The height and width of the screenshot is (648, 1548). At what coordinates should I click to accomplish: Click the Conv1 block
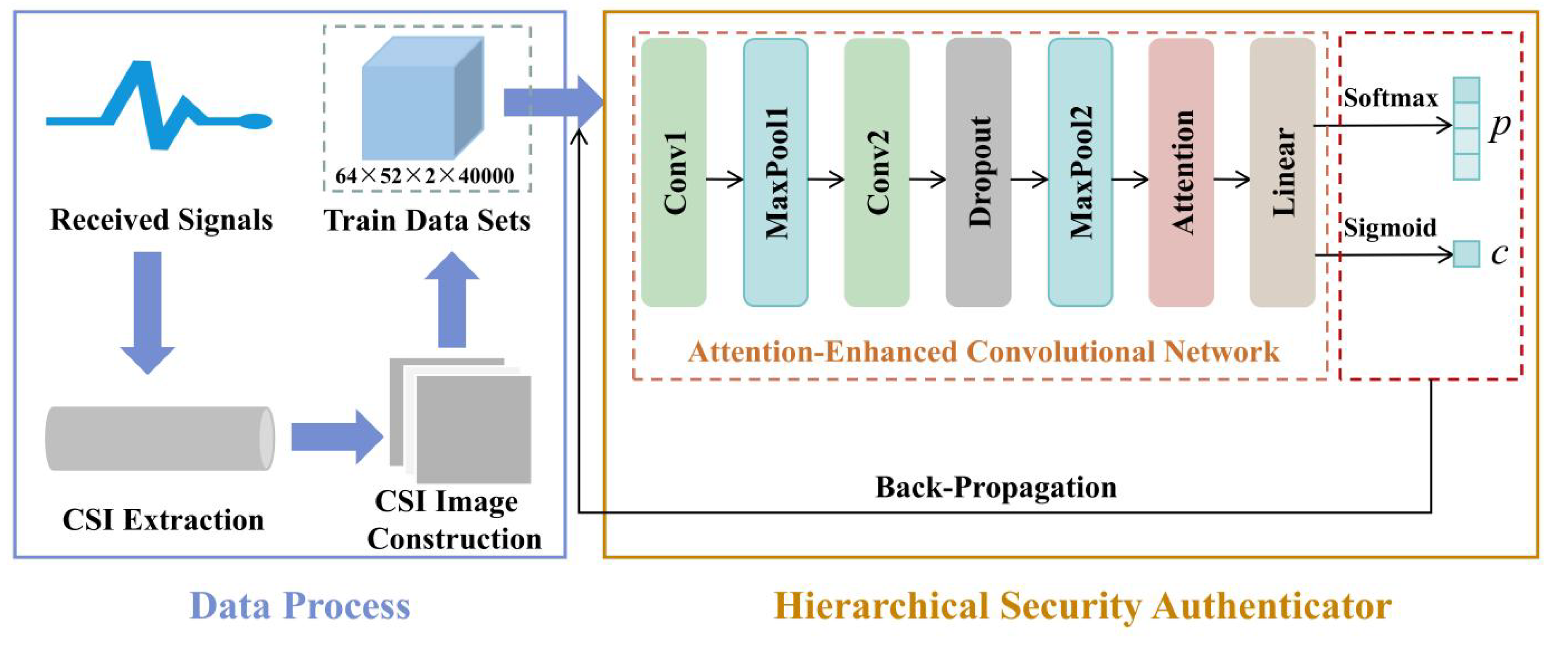pos(674,172)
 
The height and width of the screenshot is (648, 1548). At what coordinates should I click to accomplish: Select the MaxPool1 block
pos(775,172)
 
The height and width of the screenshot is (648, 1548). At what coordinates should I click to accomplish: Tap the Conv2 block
pos(877,172)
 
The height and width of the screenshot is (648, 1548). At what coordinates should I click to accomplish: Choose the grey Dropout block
pos(978,172)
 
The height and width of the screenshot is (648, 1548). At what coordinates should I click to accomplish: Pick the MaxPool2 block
pos(1080,172)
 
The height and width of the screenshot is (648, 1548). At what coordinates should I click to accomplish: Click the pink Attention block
pos(1181,172)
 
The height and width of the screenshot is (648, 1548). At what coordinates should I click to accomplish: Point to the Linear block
pos(1282,172)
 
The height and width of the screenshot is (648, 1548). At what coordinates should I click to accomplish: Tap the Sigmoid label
pos(1390,227)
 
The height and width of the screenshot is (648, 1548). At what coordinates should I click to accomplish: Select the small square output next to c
pos(1466,254)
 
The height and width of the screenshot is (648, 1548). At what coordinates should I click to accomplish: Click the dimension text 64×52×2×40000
pos(425,176)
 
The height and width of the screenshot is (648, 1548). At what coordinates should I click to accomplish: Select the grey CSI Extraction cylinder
pos(160,438)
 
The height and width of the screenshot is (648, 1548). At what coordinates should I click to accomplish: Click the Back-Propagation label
pos(996,487)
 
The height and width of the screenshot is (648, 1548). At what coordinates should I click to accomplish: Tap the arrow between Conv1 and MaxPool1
pos(725,179)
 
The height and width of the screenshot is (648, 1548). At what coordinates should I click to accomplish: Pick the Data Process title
pos(300,606)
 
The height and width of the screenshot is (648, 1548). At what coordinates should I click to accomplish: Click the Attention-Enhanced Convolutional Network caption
pos(984,352)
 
